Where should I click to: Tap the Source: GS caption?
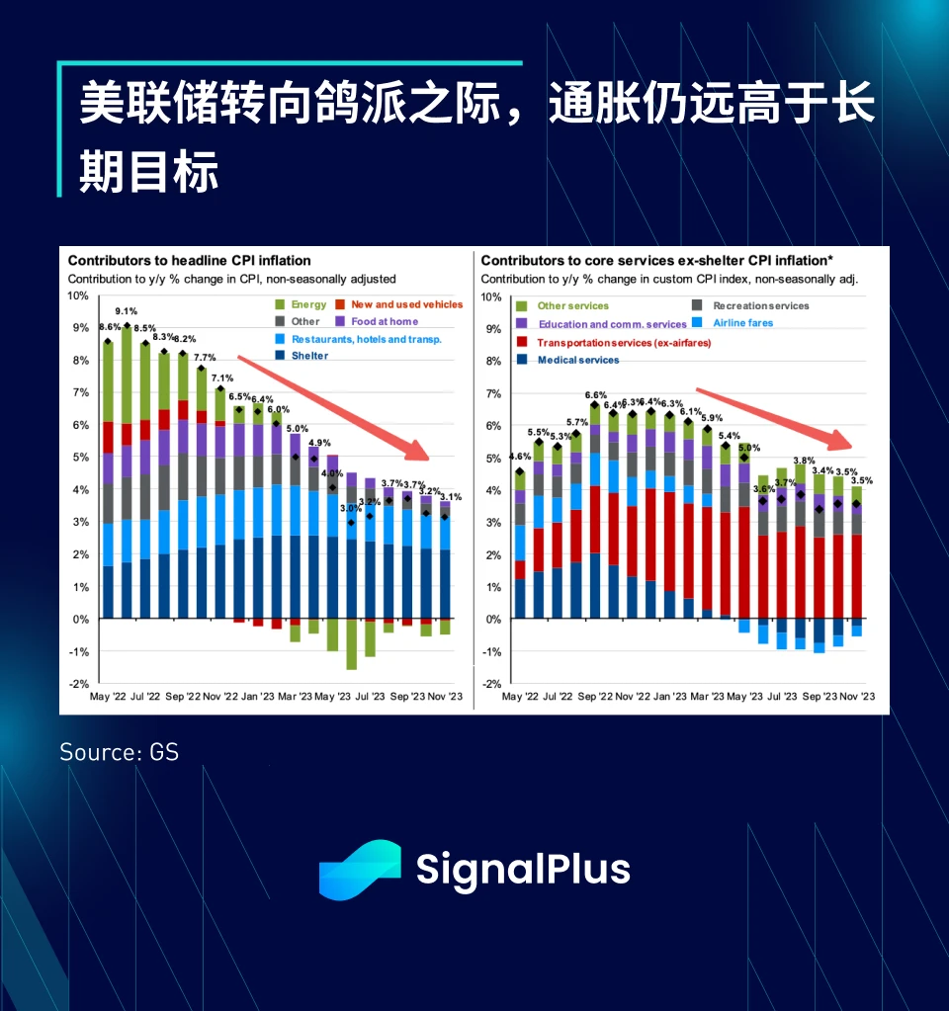pos(119,752)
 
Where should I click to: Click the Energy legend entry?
pos(302,304)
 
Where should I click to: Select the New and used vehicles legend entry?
pos(399,304)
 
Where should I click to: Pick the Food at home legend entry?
pos(377,321)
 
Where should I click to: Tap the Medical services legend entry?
pos(570,360)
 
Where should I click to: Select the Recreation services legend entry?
pos(753,306)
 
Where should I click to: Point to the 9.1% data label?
pos(126,311)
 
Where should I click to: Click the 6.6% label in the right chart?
pos(596,395)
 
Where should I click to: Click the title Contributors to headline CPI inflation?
pos(189,261)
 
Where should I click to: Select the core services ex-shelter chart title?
pos(656,261)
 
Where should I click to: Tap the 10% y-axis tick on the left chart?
pos(78,295)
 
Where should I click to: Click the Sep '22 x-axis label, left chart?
pos(182,696)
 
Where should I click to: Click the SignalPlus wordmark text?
pos(522,870)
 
